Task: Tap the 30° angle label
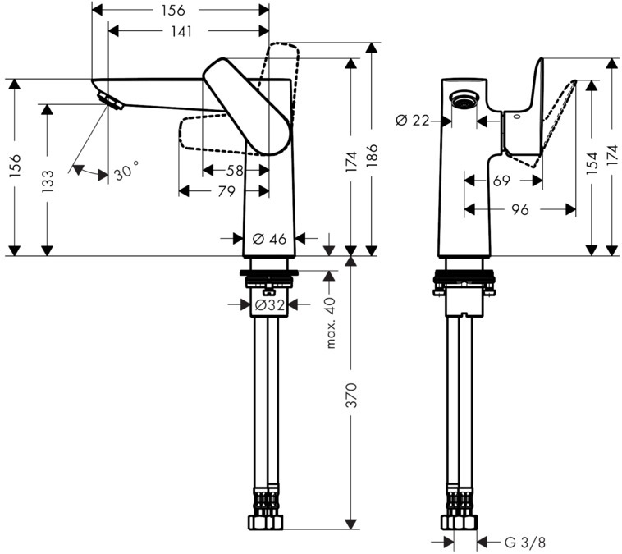126,172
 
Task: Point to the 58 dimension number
235,170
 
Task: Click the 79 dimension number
226,191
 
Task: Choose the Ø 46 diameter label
269,239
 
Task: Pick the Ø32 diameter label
269,304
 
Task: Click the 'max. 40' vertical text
332,323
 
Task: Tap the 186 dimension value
373,156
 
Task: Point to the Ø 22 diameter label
413,121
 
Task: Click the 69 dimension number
502,179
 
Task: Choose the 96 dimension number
518,210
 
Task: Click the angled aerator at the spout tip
110,101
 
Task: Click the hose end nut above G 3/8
461,520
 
